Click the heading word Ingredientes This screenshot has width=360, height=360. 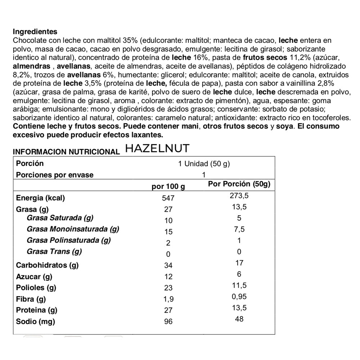click(35, 32)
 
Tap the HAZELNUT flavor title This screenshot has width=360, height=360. click(157, 148)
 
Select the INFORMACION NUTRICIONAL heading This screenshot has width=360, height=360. click(66, 152)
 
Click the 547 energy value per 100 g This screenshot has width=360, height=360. click(168, 198)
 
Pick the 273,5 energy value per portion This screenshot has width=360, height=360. click(239, 196)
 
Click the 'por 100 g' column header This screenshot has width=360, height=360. click(168, 186)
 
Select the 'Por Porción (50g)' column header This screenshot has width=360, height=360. click(239, 184)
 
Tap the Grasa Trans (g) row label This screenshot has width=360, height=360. click(54, 251)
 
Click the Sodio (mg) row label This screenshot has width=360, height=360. click(35, 321)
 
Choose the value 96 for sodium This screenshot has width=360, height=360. click(168, 321)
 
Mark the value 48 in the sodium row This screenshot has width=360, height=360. click(239, 319)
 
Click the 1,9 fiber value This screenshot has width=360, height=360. click(168, 299)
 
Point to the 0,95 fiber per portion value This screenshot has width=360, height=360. click(239, 297)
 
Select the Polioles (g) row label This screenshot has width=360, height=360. click(36, 288)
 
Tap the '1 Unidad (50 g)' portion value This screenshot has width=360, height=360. click(204, 164)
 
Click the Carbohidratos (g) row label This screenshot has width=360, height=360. click(47, 265)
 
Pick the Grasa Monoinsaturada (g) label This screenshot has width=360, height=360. click(73, 229)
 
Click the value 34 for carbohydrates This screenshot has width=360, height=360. click(168, 266)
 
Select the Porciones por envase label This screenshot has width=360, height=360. click(55, 175)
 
